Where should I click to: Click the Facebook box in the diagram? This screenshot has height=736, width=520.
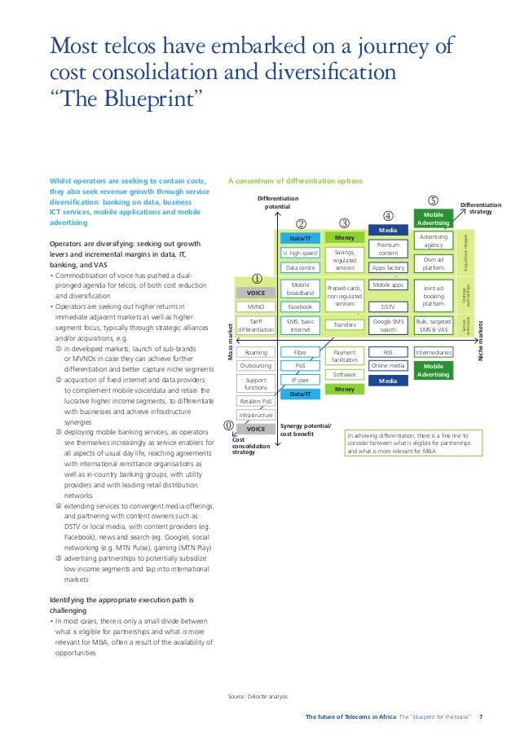(300, 307)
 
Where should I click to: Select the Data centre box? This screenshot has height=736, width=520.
(300, 267)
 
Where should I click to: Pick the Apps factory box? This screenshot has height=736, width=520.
(388, 267)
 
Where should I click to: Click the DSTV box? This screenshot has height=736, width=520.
(388, 307)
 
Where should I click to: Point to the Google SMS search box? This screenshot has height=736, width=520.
(388, 325)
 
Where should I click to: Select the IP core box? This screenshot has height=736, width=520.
(300, 380)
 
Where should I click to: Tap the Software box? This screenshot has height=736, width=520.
(345, 374)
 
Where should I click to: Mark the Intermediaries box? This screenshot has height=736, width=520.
(434, 352)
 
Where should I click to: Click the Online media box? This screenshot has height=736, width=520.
(388, 366)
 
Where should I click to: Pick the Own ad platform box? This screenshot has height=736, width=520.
(434, 262)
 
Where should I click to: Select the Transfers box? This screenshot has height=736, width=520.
(345, 325)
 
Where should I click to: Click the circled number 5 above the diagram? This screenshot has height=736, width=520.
(433, 200)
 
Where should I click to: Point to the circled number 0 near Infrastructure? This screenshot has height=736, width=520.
(228, 425)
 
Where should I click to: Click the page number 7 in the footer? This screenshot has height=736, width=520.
(480, 717)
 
